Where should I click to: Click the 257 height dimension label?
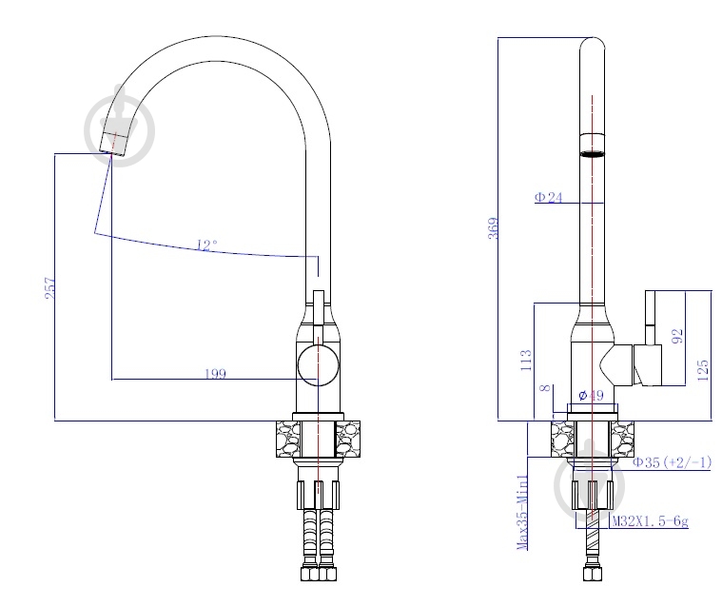pyautogui.click(x=50, y=288)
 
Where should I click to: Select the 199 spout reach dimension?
pyautogui.click(x=216, y=373)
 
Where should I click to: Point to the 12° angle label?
pyautogui.click(x=206, y=245)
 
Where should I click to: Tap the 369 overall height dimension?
pyautogui.click(x=493, y=228)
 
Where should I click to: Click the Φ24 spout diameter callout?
pyautogui.click(x=549, y=197)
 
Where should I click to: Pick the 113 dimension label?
pyautogui.click(x=526, y=361)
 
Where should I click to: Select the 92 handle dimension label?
pyautogui.click(x=677, y=336)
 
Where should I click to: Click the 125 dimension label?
pyautogui.click(x=703, y=370)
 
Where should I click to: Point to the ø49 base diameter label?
pyautogui.click(x=591, y=395)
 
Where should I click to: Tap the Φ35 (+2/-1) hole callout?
pyautogui.click(x=673, y=462)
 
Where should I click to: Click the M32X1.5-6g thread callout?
pyautogui.click(x=650, y=520)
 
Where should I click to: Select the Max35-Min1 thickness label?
pyautogui.click(x=522, y=512)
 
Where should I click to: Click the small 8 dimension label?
pyautogui.click(x=545, y=387)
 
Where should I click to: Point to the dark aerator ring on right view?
pyautogui.click(x=592, y=154)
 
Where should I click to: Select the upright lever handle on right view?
pyautogui.click(x=650, y=318)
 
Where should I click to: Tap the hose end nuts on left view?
pyautogui.click(x=319, y=574)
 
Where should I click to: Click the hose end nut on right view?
pyautogui.click(x=593, y=574)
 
